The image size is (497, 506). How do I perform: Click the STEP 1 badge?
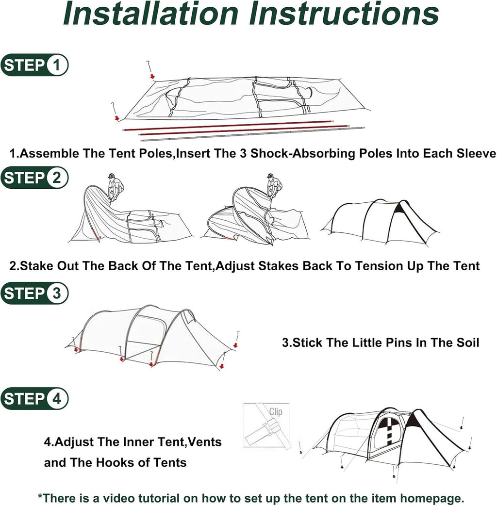click(x=34, y=65)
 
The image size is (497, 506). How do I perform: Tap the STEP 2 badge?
click(x=34, y=178)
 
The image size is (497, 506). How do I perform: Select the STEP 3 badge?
click(x=34, y=294)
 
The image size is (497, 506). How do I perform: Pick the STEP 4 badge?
click(x=34, y=398)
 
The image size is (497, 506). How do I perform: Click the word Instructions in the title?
click(x=344, y=14)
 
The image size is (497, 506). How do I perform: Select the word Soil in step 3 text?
click(x=467, y=343)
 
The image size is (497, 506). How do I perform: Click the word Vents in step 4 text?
click(x=205, y=442)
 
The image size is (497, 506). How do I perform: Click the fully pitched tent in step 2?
click(x=380, y=222)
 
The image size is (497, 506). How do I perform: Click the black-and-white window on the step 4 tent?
click(x=390, y=431)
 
